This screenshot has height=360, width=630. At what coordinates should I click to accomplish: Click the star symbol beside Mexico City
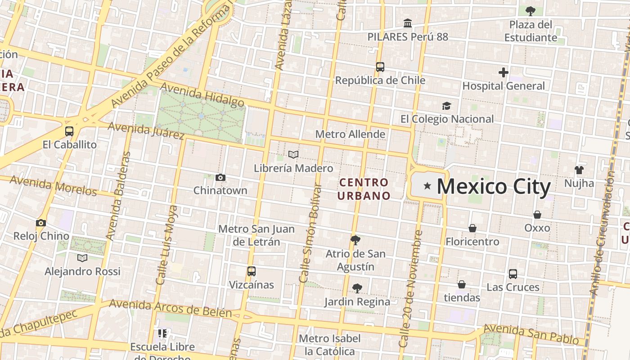point(427,186)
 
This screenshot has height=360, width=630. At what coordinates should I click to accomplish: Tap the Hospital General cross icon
point(504,72)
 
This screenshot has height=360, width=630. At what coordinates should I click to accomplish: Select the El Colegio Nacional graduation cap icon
point(446,106)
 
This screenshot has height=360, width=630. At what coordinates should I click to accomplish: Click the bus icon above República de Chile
point(380,67)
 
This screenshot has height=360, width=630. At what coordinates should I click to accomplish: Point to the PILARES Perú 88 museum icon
point(408,23)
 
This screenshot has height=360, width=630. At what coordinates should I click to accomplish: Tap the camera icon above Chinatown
point(220,177)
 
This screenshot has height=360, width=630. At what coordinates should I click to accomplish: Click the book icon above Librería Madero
point(293,155)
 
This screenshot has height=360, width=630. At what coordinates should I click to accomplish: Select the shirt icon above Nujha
point(579,170)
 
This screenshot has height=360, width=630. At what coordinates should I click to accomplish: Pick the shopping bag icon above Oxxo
point(537,214)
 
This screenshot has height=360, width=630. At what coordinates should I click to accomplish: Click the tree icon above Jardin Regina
point(357,288)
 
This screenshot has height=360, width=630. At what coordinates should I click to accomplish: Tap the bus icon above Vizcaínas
point(252,271)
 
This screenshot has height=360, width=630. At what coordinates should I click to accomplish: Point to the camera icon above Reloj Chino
point(41,223)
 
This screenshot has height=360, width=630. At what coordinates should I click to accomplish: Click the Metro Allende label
point(350,134)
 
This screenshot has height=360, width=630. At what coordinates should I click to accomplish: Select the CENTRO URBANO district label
point(364,189)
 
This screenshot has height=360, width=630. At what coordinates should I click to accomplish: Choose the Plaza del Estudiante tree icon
point(531,11)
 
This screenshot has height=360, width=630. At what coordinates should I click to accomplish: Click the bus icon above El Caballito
point(69,131)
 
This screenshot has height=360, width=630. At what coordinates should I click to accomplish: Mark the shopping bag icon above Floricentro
point(472,228)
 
